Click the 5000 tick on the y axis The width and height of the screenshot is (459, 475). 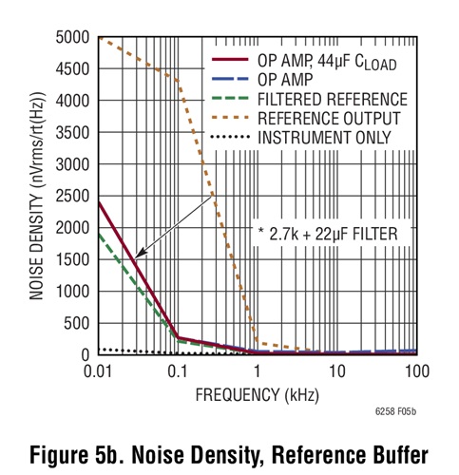pos(74,37)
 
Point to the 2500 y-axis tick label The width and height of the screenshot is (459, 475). pos(74,196)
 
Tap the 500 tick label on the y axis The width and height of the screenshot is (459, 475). pos(78,323)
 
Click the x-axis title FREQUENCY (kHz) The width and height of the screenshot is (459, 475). pos(257,392)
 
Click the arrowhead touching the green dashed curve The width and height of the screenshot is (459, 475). pos(137,256)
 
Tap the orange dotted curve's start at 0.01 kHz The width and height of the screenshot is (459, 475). pos(100,39)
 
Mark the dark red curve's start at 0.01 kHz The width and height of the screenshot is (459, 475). pos(100,201)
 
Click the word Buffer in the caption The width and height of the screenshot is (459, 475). pos(383,449)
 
